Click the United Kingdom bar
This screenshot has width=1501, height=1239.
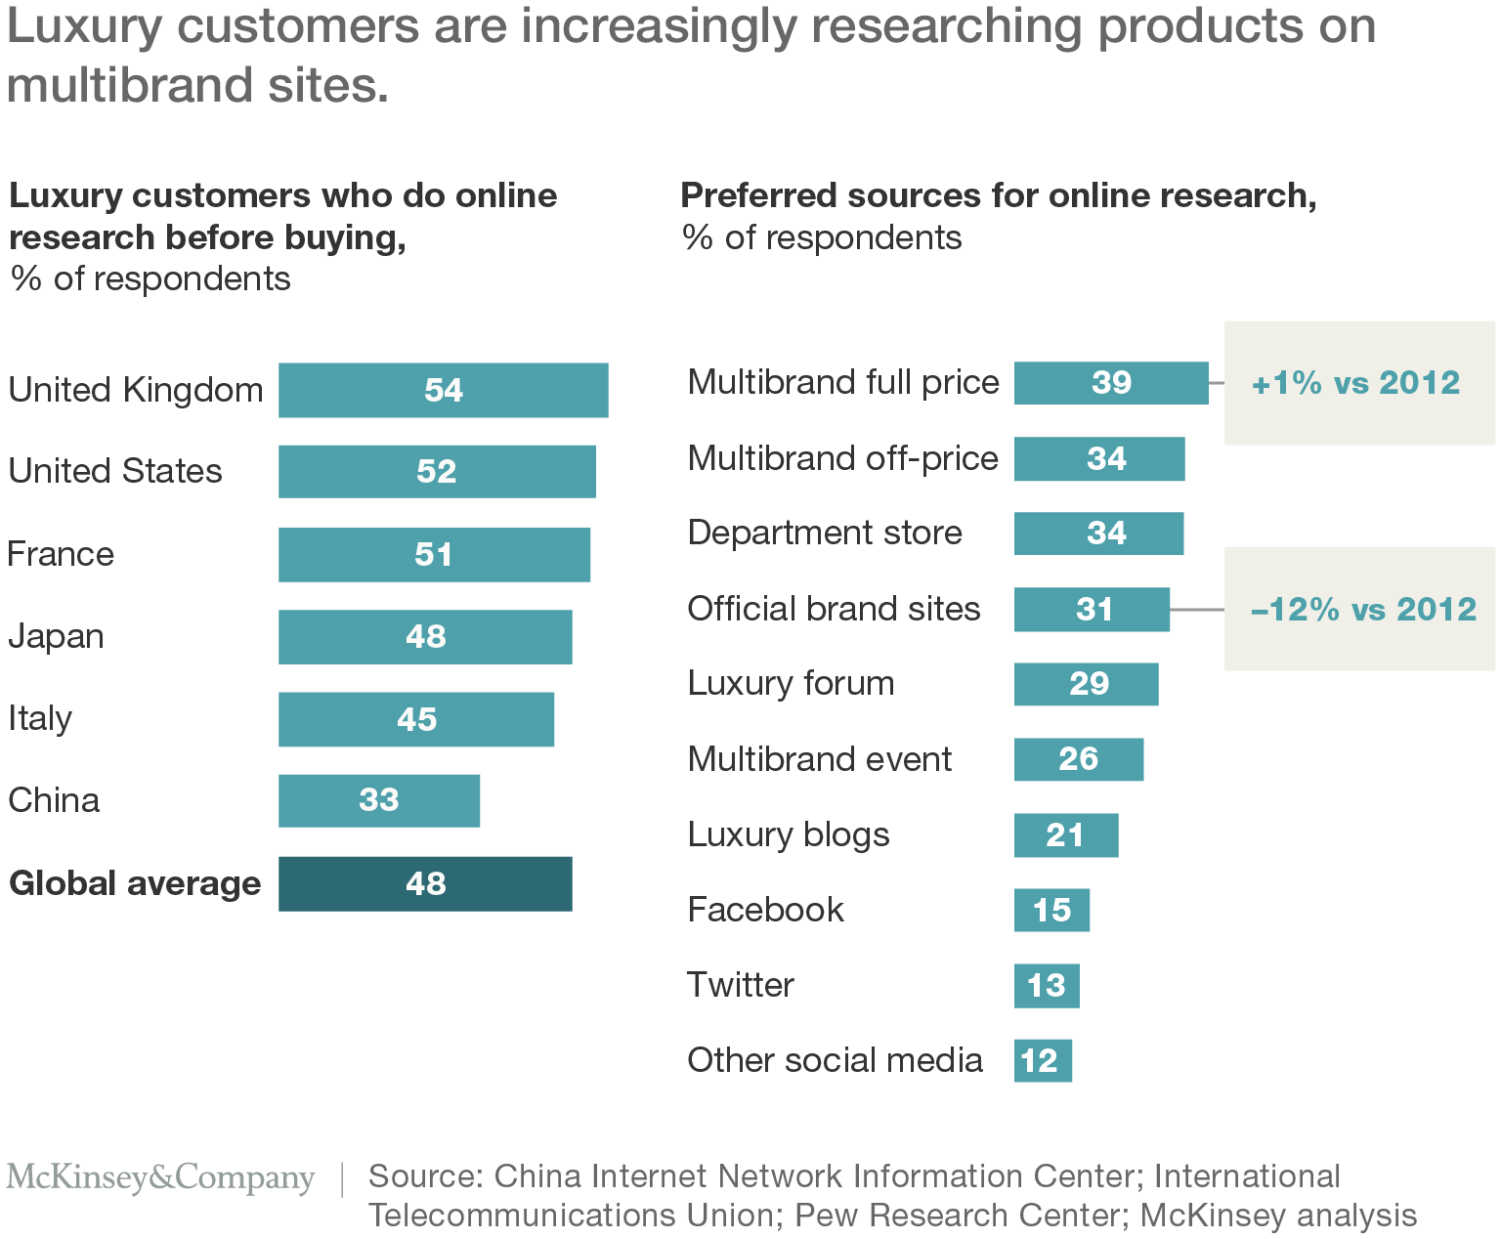[x=443, y=390]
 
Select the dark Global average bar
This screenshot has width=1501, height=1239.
[x=425, y=883]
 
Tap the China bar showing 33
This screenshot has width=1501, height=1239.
[x=378, y=800]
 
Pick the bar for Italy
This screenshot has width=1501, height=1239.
[x=415, y=719]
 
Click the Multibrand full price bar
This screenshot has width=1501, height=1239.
[x=1110, y=382]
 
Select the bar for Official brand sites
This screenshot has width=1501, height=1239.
[x=1092, y=609]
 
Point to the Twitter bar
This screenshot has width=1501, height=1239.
[x=1046, y=985]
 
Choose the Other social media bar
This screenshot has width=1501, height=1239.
[x=1042, y=1060]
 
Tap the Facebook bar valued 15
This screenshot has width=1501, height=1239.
[x=1051, y=910]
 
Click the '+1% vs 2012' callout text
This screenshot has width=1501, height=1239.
[x=1355, y=382]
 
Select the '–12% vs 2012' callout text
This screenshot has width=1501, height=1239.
[x=1363, y=609]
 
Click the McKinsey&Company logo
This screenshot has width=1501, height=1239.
[x=160, y=1177]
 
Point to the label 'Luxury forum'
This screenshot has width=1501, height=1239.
[x=791, y=683]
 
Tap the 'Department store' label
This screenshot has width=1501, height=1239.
[x=825, y=533]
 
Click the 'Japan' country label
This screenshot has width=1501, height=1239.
[x=56, y=636]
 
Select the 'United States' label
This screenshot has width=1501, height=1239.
[x=115, y=471]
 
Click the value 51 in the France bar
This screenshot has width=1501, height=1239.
[x=433, y=554]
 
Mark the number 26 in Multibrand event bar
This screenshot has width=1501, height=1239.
[x=1078, y=758]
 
